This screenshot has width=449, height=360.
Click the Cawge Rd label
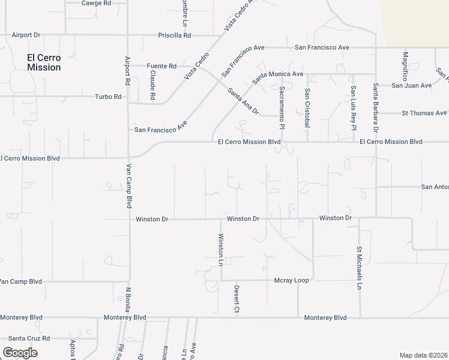tap(96, 3)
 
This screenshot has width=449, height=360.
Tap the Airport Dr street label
tap(25, 35)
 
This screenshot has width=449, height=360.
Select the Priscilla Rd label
tap(174, 35)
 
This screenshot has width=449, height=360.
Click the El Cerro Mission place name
tap(44, 62)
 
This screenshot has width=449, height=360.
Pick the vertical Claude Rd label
tap(153, 86)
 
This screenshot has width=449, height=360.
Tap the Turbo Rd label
tap(108, 97)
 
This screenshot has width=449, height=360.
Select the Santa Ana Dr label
tap(243, 101)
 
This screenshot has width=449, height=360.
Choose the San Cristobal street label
tap(307, 108)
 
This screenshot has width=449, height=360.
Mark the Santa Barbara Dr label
tap(376, 107)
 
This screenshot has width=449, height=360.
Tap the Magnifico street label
tap(405, 66)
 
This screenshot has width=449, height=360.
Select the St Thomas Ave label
tap(424, 113)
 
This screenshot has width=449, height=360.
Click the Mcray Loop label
tap(291, 280)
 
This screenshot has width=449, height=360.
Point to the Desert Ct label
tap(237, 299)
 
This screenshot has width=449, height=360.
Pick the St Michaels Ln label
tap(359, 268)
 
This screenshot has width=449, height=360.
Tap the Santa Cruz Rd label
tap(29, 338)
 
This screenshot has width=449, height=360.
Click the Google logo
tap(20, 353)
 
